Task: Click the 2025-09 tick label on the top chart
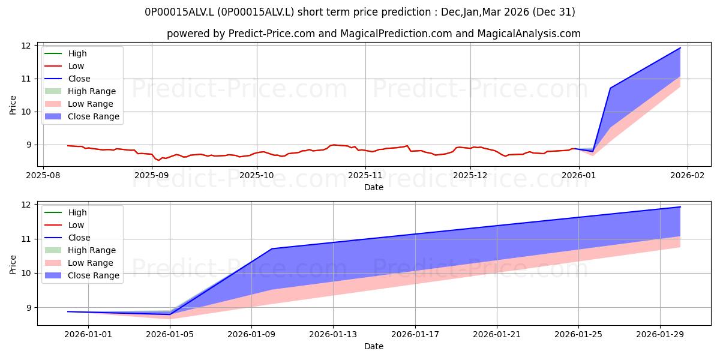point(152,175)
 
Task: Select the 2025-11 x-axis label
point(365,175)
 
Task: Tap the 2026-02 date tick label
point(687,175)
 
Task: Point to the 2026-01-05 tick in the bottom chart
point(170,335)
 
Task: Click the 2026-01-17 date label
point(415,335)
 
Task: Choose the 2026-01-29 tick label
point(660,335)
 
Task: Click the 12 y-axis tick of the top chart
point(26,46)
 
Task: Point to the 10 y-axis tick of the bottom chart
point(26,273)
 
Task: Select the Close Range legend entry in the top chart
point(82,116)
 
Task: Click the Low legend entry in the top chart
point(64,66)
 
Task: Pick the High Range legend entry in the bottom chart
point(80,250)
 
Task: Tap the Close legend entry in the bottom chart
point(67,238)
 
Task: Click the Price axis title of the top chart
point(13,105)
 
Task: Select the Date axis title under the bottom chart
point(373,346)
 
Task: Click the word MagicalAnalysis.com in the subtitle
point(529,34)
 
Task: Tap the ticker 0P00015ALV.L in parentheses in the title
point(256,12)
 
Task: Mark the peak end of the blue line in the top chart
point(680,48)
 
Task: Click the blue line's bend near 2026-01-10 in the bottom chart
point(272,248)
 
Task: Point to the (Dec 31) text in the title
point(554,12)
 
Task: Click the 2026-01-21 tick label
point(497,335)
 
